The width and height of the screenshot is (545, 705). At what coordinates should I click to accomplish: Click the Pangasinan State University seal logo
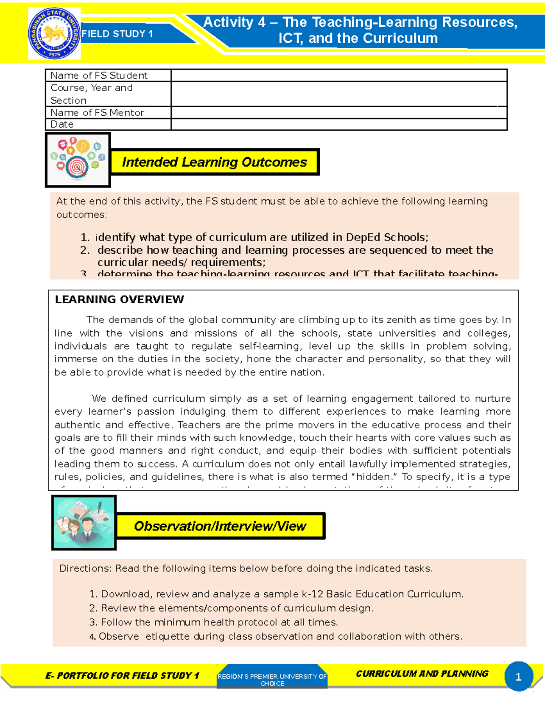tap(54, 34)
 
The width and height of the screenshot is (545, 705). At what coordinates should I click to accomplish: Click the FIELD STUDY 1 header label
tap(117, 34)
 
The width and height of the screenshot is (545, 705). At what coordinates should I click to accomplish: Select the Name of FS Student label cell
tap(99, 75)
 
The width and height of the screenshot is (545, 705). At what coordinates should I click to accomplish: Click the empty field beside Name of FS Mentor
tap(338, 113)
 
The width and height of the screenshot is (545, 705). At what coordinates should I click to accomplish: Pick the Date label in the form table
tap(62, 124)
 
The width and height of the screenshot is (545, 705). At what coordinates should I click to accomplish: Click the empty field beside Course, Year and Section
tap(338, 94)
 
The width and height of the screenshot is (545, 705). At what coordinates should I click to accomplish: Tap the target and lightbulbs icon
tap(78, 160)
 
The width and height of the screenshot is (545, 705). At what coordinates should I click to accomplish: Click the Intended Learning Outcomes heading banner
tap(214, 162)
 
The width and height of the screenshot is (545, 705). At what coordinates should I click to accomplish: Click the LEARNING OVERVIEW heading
tap(119, 300)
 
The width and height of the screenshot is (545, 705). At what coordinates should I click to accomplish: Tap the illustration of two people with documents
tap(84, 523)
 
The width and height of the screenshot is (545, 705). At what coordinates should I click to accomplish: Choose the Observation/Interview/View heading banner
tap(220, 526)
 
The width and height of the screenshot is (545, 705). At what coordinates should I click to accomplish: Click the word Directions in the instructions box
tap(85, 569)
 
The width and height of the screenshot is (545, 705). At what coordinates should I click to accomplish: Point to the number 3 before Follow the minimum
tap(93, 622)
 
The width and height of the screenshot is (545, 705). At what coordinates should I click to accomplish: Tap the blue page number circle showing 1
tap(518, 677)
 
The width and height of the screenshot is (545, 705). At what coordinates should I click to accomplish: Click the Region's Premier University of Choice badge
tap(272, 679)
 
